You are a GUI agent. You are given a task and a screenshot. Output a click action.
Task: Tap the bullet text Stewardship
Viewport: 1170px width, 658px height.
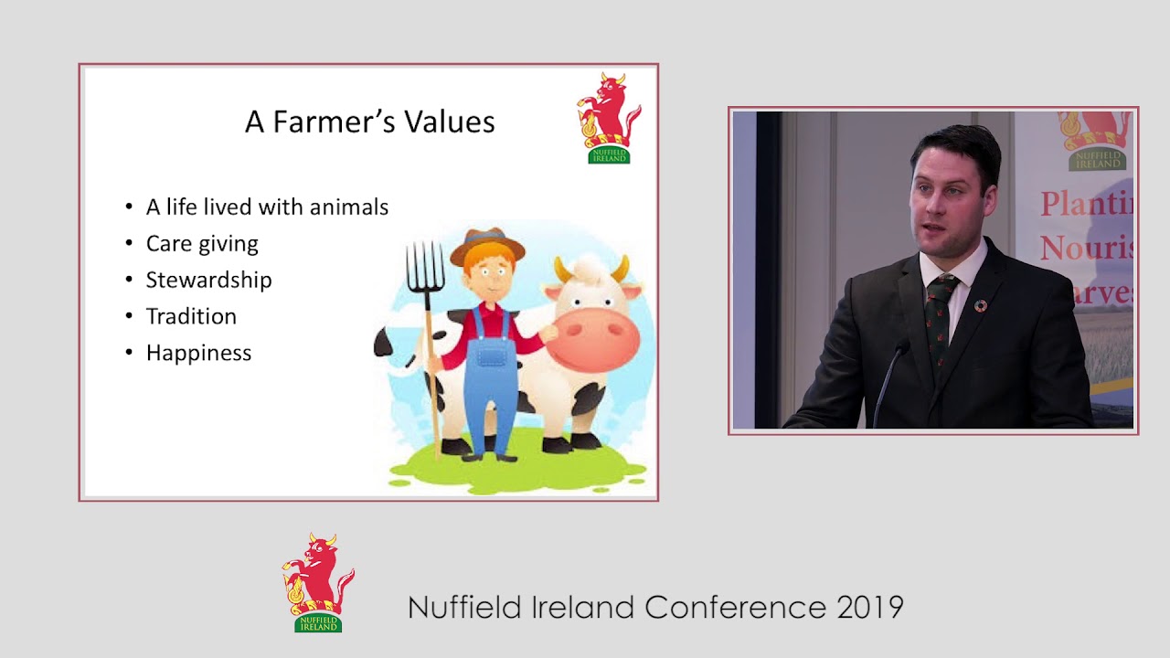(208, 280)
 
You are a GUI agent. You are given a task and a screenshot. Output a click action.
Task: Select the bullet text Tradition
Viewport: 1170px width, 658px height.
(191, 316)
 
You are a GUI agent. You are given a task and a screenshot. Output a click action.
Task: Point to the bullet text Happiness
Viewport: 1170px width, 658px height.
(198, 353)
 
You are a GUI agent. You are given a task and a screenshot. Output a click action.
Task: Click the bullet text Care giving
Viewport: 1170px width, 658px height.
(202, 244)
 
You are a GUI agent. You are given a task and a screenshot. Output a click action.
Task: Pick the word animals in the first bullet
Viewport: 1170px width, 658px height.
(349, 207)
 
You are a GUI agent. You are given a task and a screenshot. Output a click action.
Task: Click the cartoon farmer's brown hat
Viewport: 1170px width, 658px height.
(488, 244)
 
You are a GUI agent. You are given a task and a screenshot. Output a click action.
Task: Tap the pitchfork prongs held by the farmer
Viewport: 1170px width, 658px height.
(425, 265)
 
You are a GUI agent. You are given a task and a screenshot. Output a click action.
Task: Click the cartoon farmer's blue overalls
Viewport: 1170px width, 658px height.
(491, 384)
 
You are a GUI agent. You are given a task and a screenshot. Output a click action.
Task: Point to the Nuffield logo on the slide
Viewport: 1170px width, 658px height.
(608, 118)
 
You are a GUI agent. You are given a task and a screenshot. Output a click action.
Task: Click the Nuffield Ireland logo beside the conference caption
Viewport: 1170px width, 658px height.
(317, 582)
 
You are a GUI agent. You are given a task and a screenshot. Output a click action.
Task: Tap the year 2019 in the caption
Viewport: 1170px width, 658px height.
(869, 608)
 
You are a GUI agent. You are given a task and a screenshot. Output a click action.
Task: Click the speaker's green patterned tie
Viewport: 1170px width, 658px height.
(938, 320)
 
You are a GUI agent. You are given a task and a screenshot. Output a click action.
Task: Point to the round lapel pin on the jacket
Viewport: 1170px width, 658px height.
(981, 305)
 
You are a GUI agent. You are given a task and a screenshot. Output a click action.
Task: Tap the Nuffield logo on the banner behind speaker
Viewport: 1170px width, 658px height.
(1096, 141)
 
